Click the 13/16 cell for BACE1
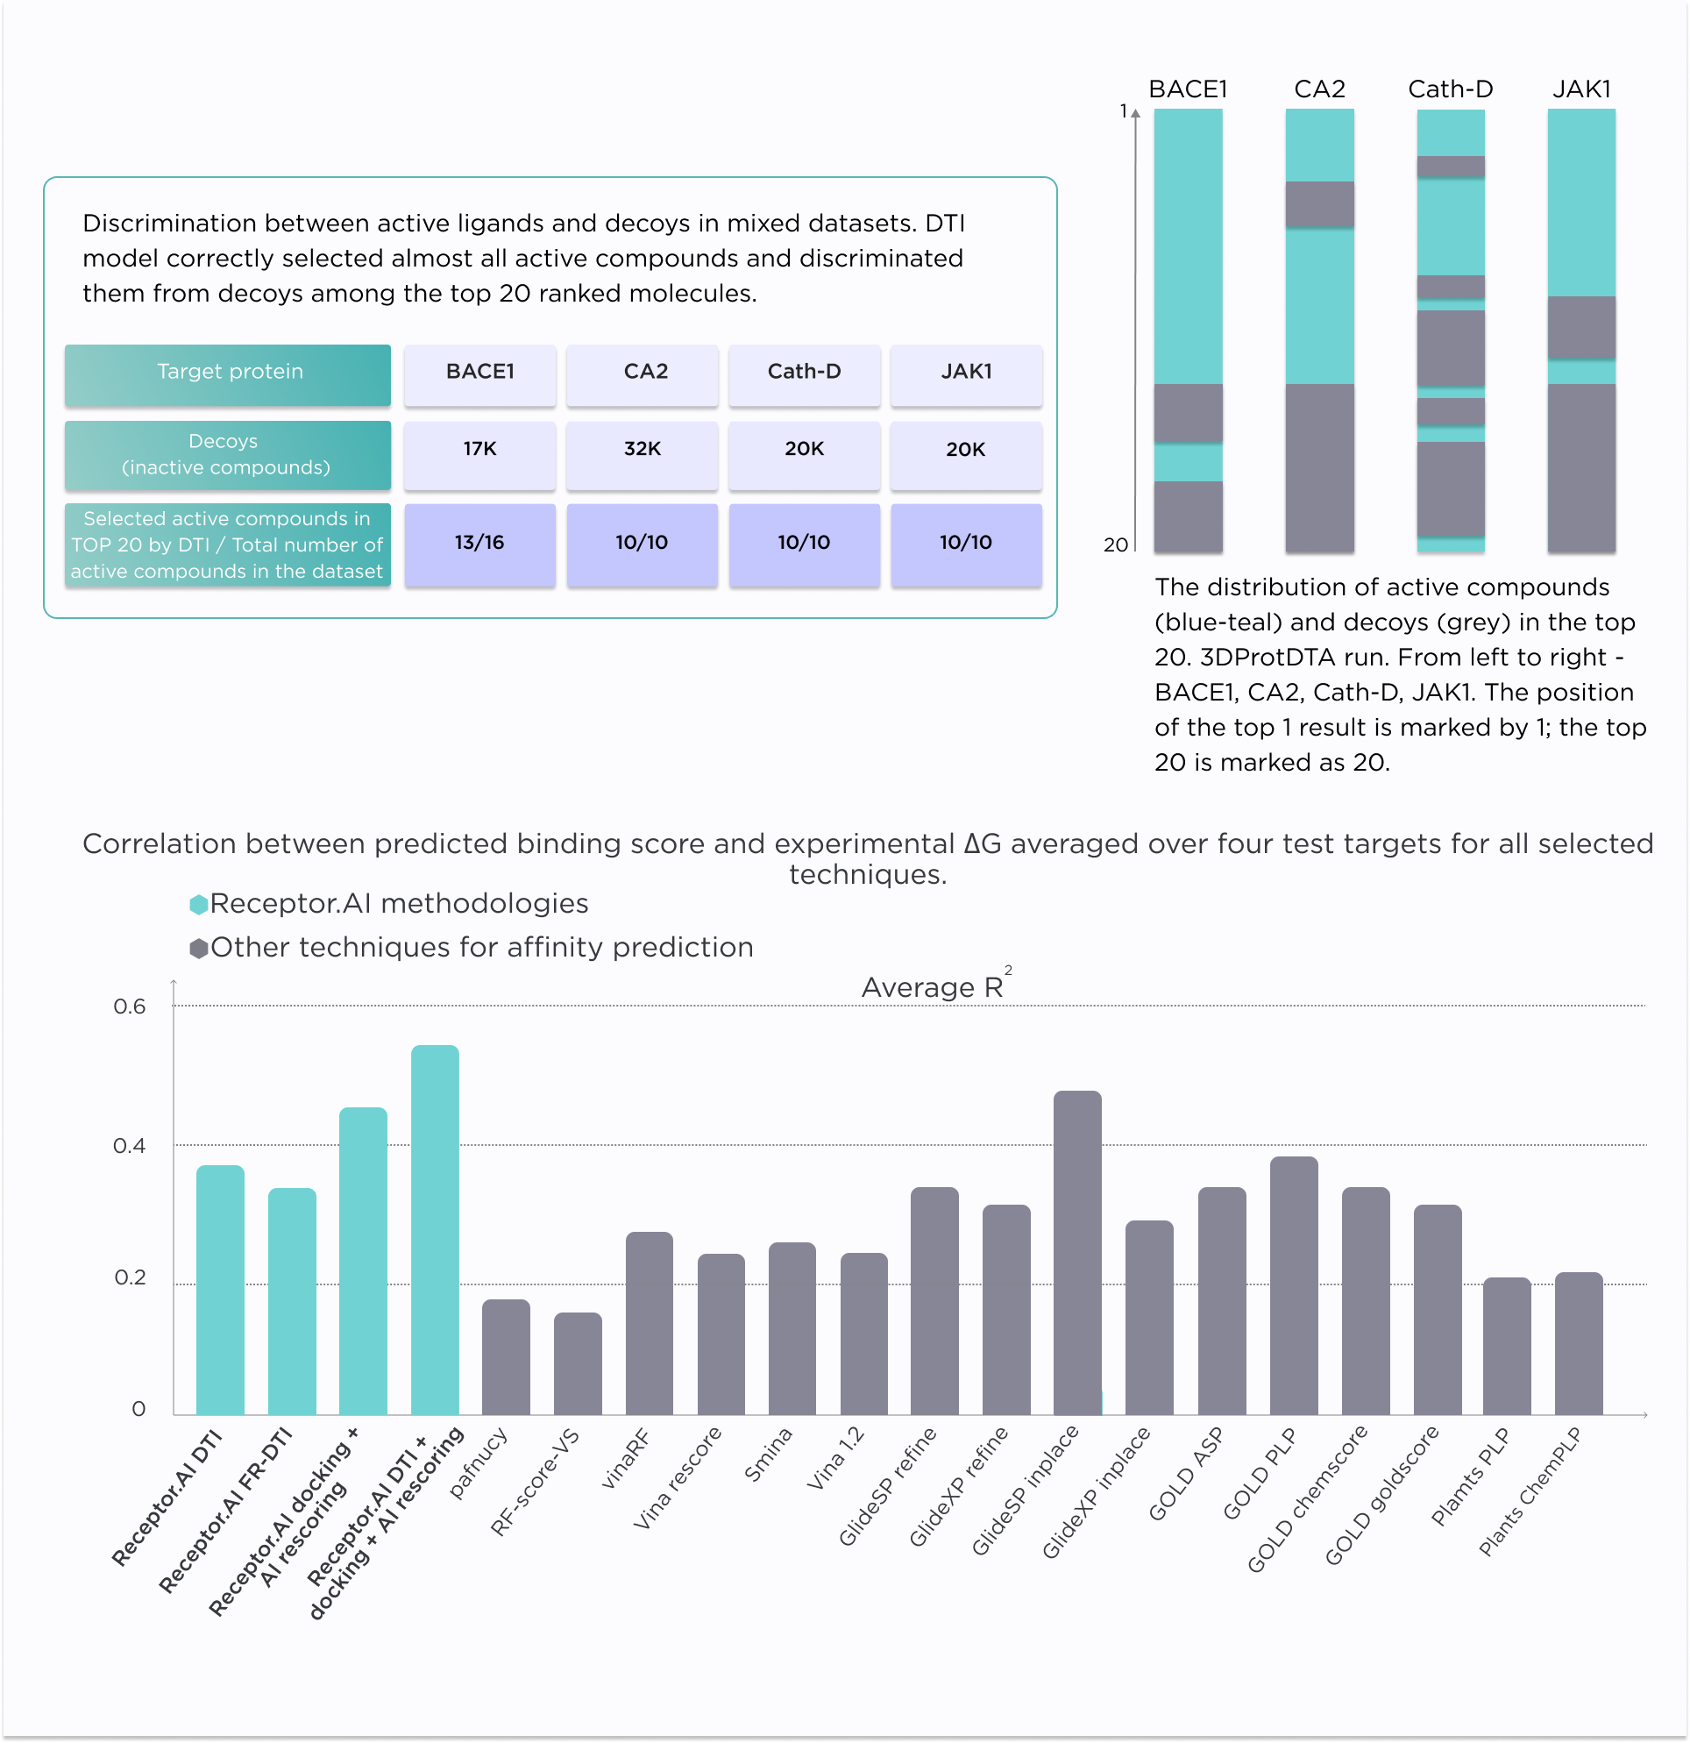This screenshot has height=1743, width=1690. click(479, 544)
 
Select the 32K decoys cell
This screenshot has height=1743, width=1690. click(642, 450)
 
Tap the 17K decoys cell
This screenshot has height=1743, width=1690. click(479, 450)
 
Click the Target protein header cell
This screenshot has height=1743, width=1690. click(228, 373)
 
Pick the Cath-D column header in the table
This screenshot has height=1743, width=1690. click(804, 373)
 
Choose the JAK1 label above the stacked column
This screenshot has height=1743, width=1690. click(1581, 89)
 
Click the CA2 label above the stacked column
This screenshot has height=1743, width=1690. click(1319, 89)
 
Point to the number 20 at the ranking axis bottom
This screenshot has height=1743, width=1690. click(1115, 545)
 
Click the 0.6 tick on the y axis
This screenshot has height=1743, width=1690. click(130, 1007)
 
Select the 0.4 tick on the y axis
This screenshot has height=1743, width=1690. click(130, 1146)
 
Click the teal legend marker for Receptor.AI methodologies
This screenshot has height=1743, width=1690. click(199, 905)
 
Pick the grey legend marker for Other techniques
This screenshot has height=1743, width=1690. click(199, 948)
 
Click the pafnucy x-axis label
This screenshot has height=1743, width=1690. click(480, 1462)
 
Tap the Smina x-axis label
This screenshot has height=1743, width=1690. click(768, 1455)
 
